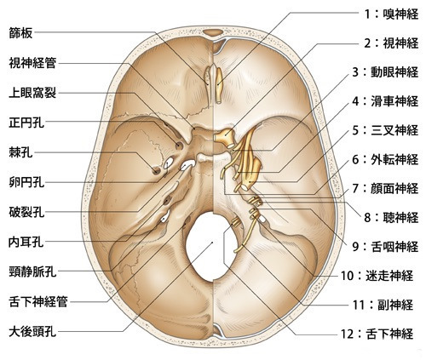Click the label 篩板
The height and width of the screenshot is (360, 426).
(x=20, y=33)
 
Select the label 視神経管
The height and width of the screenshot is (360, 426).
(x=32, y=63)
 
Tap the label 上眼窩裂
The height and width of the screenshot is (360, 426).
(x=32, y=93)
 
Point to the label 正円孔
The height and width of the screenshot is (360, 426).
(x=26, y=123)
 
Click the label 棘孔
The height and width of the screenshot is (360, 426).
(x=20, y=153)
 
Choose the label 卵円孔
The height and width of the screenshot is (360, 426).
(x=26, y=182)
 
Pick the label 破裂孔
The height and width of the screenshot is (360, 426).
(x=26, y=212)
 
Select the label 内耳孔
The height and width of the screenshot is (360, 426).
(x=26, y=242)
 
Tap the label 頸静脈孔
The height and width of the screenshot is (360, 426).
(x=32, y=272)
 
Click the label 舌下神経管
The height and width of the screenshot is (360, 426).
(x=38, y=302)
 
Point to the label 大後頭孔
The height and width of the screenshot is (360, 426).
(x=32, y=332)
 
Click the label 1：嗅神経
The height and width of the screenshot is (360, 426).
(x=391, y=14)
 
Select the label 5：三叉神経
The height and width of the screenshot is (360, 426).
(x=385, y=130)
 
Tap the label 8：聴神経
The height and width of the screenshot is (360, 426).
(x=391, y=218)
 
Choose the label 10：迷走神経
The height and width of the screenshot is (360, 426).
(x=377, y=276)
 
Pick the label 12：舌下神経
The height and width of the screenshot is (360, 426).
(x=377, y=334)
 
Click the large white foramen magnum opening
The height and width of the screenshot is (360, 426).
(x=211, y=246)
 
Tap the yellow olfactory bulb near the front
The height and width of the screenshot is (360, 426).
(x=219, y=85)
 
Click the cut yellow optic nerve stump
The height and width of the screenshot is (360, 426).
(x=224, y=136)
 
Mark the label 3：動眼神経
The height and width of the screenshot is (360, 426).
(x=385, y=71)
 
